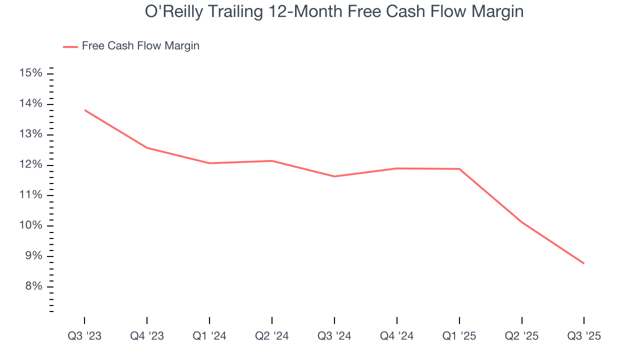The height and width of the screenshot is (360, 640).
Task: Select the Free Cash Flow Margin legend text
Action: [x=140, y=46]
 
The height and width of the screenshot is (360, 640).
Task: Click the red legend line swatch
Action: [x=70, y=46]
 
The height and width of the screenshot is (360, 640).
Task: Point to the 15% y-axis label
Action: [x=30, y=73]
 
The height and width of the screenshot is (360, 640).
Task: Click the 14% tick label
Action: [x=30, y=104]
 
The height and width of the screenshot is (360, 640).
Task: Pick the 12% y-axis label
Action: [x=30, y=165]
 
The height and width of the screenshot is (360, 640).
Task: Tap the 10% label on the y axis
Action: [x=30, y=225]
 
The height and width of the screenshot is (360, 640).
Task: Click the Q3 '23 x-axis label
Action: [x=84, y=336]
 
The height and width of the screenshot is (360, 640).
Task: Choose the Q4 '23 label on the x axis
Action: [x=147, y=336]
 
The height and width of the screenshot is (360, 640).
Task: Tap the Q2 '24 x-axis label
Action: [x=271, y=336]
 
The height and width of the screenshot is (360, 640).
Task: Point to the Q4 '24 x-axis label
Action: [x=396, y=336]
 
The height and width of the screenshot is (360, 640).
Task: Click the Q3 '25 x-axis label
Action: [x=584, y=336]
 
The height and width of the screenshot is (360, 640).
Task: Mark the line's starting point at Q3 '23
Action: [x=84, y=110]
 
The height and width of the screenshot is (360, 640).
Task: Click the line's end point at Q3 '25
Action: [x=583, y=263]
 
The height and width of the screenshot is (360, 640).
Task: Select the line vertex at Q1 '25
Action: [x=459, y=169]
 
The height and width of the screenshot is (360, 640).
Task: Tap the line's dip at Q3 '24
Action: [x=334, y=176]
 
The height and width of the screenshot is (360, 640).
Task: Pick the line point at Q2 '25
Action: [x=521, y=222]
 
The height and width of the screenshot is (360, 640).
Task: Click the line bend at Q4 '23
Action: [x=147, y=148]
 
